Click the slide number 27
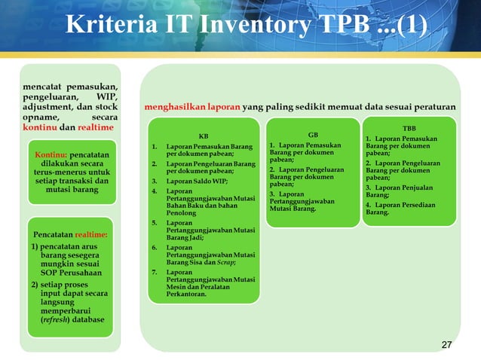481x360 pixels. point(446,345)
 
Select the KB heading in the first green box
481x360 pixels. point(203,136)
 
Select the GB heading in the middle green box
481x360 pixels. point(313,135)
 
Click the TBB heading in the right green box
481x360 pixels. point(408,129)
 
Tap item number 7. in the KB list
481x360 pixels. point(154,271)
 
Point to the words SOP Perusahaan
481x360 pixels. point(67,272)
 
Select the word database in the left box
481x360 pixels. point(85,319)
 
